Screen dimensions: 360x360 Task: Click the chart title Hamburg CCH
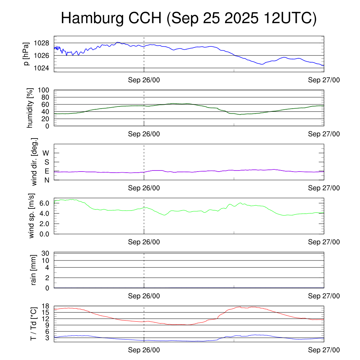[x=189, y=18]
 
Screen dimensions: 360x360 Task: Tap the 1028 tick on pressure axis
[x=42, y=43]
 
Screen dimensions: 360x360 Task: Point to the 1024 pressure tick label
[x=42, y=68]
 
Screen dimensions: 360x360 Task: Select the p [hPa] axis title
[x=26, y=54]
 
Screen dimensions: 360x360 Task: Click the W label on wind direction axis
[x=46, y=153]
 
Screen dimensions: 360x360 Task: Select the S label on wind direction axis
[x=46, y=162]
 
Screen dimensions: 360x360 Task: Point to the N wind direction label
[x=46, y=180]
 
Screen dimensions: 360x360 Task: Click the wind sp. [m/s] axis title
[x=32, y=216]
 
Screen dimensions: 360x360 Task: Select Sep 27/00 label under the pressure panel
[x=324, y=80]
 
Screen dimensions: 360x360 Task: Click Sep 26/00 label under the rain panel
[x=144, y=296]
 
